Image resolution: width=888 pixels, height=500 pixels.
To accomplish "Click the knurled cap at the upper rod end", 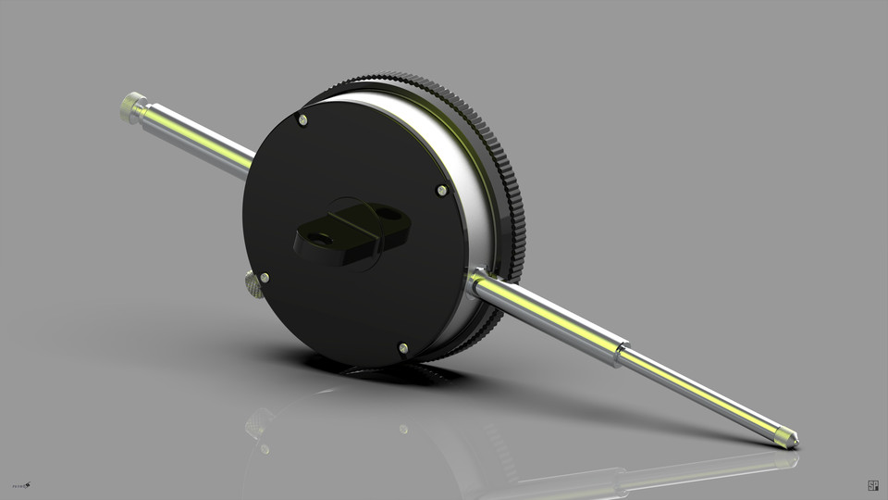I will pos(132,106).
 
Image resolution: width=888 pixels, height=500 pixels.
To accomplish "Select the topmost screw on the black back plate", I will pos(303,119).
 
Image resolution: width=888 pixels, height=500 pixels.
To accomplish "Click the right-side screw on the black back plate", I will pos(442,191).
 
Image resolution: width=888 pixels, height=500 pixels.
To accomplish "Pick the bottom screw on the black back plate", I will pos(402,348).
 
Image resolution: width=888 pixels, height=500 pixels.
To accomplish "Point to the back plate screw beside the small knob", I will pos(265,277).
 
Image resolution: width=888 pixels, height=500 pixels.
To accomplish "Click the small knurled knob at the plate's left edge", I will pos(252,285).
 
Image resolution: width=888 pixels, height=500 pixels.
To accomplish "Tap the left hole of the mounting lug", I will pos(321,239).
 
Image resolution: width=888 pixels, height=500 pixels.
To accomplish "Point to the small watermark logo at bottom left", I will pos(22,484).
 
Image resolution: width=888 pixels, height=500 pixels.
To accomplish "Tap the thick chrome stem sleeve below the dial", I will pos(546,316).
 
